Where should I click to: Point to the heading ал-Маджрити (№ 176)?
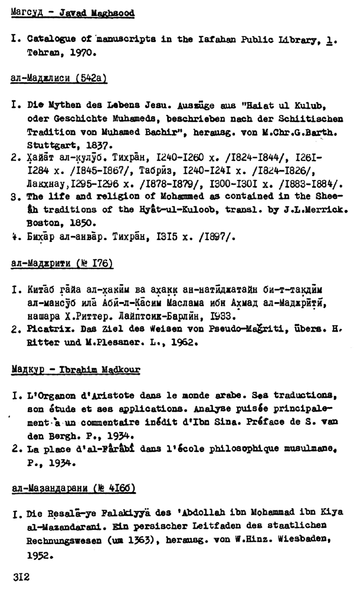pos(61,262)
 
